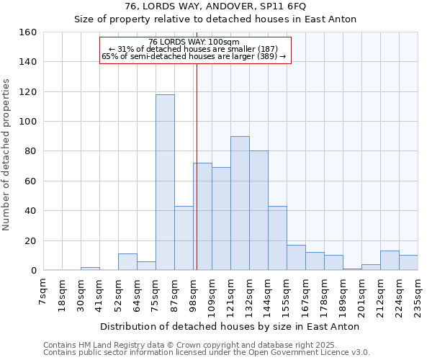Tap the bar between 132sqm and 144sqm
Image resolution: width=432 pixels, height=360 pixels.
pyautogui.click(x=258, y=210)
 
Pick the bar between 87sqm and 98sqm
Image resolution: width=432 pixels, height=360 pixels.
pyautogui.click(x=184, y=238)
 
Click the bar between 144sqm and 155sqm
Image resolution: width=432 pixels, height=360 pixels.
pyautogui.click(x=277, y=238)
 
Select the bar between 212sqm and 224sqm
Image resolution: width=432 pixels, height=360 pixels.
pyautogui.click(x=390, y=261)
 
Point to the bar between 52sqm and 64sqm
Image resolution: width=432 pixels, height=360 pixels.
pyautogui.click(x=127, y=262)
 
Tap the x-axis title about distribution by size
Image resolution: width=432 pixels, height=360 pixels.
pyautogui.click(x=230, y=326)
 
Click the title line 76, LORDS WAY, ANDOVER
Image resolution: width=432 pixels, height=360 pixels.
pyautogui.click(x=216, y=6)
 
